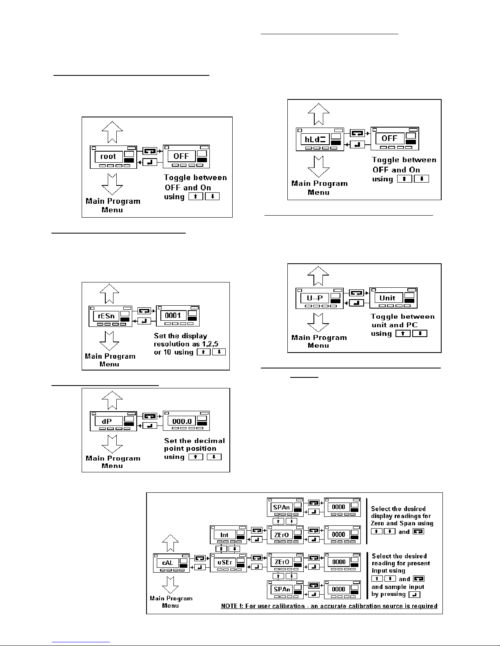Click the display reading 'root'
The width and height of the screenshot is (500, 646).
tap(108, 157)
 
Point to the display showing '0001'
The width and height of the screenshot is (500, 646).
tap(173, 315)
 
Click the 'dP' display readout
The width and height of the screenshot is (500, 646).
tap(107, 421)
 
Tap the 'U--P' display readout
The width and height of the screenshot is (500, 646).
tap(315, 298)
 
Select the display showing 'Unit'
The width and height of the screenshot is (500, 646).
tap(388, 298)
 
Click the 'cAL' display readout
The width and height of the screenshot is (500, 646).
tap(168, 563)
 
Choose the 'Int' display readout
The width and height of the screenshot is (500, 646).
tap(224, 535)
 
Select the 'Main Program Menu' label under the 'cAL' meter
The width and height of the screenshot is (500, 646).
tap(171, 602)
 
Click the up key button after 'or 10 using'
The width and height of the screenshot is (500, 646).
tap(203, 352)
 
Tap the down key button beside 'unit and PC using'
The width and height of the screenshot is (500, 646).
tap(420, 333)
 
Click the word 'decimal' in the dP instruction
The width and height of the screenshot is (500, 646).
tap(209, 441)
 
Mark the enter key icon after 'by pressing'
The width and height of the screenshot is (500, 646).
tap(414, 595)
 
